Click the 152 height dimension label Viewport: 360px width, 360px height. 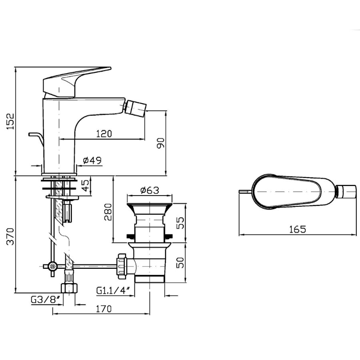pos(10,121)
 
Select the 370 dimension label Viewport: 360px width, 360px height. pos(10,236)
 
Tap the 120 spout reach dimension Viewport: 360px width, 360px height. pos(104,134)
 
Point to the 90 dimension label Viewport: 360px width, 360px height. pos(161,143)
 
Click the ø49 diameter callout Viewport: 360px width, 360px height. pos(92,160)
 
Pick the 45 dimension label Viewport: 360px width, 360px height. pos(85,186)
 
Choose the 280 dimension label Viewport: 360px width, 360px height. pos(108,212)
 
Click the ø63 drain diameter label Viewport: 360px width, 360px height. pos(150,190)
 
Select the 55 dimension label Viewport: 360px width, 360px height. pos(181,223)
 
